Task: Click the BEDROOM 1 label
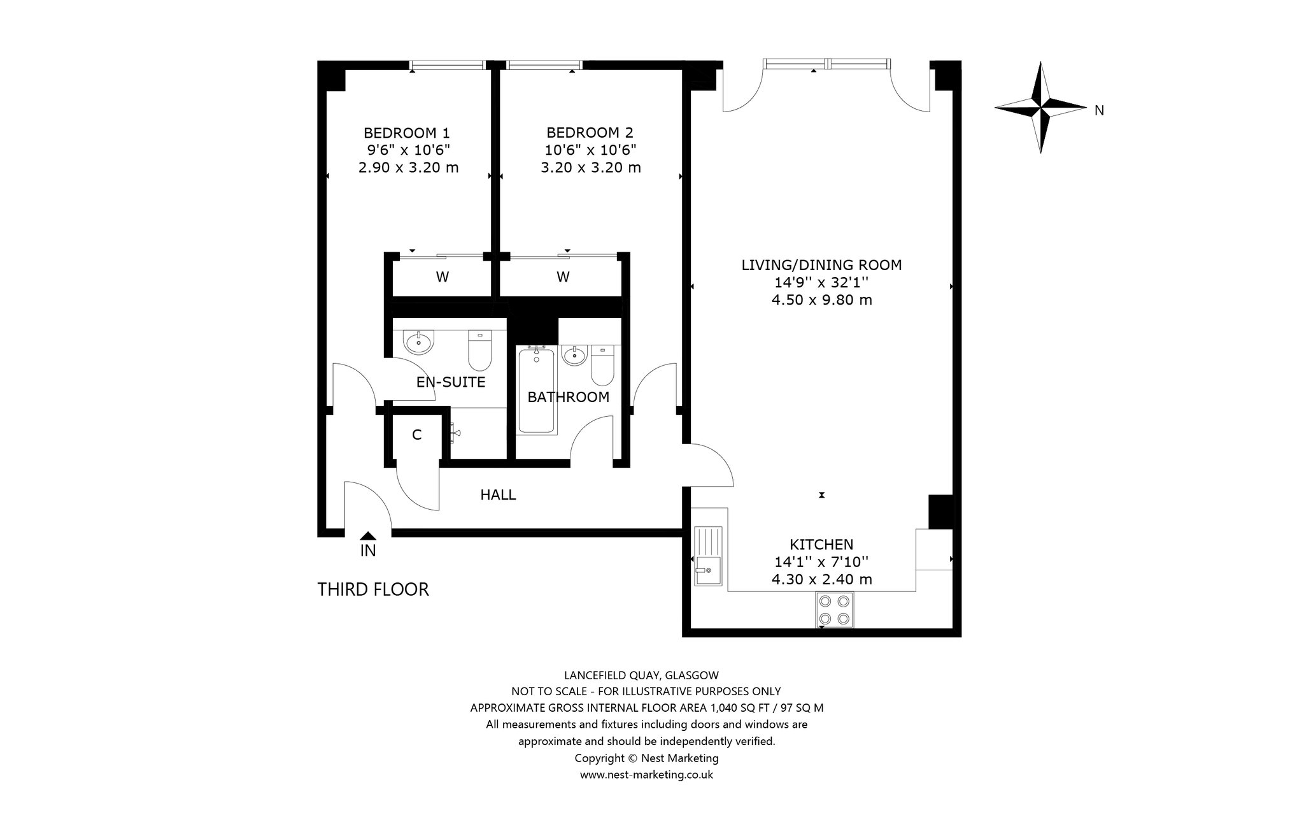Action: click(406, 133)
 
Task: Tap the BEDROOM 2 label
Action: click(590, 133)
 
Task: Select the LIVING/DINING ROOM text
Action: click(821, 265)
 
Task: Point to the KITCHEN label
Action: click(821, 545)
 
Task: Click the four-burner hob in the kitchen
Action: click(835, 610)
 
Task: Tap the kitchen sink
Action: click(709, 556)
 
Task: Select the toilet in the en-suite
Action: click(479, 350)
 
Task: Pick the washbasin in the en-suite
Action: click(418, 342)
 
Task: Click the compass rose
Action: click(1040, 107)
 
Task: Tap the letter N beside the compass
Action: click(1099, 111)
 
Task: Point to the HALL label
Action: click(498, 495)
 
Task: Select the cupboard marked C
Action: click(416, 435)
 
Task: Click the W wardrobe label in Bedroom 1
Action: click(442, 277)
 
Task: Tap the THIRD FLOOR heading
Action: click(373, 589)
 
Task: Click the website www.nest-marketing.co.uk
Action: click(646, 775)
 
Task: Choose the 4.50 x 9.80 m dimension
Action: click(821, 299)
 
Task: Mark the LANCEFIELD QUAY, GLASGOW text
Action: click(642, 675)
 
